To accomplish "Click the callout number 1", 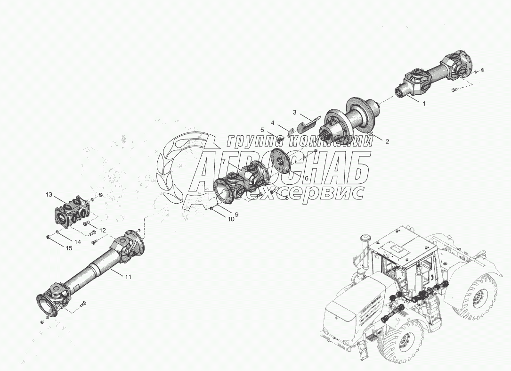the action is [x=423, y=103].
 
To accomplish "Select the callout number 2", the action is [x=387, y=141].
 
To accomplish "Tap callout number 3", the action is [x=294, y=113].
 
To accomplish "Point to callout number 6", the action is [x=306, y=178].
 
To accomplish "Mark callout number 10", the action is [x=231, y=219].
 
